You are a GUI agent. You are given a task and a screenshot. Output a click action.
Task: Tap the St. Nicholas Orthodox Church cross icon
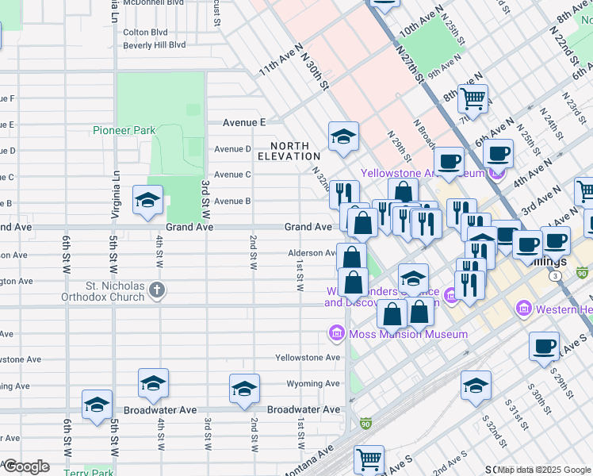coord(156,290)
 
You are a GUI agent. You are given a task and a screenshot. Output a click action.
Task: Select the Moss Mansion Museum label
coord(409,334)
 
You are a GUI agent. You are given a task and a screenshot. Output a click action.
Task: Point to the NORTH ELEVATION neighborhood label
coord(294,151)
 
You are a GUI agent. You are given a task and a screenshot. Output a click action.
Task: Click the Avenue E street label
coord(244,123)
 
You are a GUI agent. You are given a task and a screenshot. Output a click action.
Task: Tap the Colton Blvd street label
coord(145,33)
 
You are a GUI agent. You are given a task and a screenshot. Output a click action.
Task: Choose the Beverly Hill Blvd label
coord(155,45)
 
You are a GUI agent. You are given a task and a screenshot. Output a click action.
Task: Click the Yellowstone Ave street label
coord(308,358)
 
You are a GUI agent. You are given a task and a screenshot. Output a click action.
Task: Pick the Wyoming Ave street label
coord(313,384)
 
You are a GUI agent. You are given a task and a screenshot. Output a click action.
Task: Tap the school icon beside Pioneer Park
coord(147,202)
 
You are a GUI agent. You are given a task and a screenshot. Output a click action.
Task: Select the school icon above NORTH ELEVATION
coord(343,136)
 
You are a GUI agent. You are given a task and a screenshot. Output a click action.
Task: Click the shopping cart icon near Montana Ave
coord(369,459)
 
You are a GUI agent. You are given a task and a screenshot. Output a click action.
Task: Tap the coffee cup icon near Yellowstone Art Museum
coord(449,162)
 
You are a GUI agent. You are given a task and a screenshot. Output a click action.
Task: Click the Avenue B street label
coord(232,202)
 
